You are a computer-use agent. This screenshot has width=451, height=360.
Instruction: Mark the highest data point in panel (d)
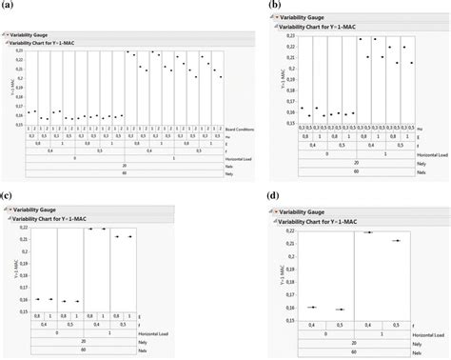click(368, 232)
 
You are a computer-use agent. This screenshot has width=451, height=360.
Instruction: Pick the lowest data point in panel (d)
click(341, 310)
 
